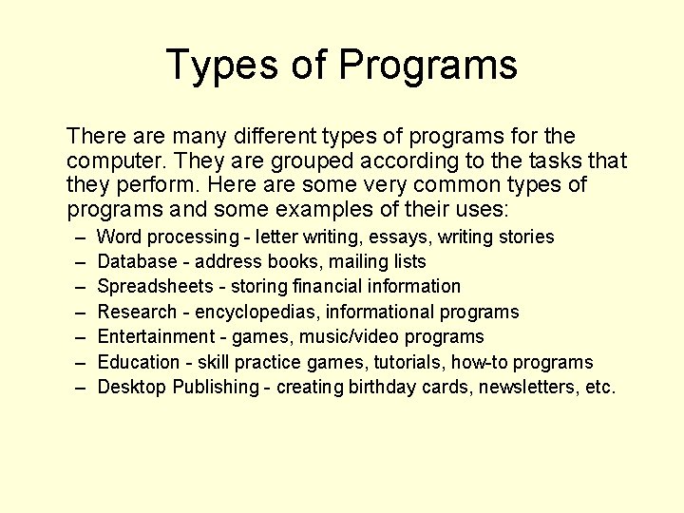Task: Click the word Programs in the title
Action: [x=427, y=65]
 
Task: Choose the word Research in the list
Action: [x=138, y=312]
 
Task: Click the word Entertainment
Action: [x=157, y=336]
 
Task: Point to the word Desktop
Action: [x=131, y=387]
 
